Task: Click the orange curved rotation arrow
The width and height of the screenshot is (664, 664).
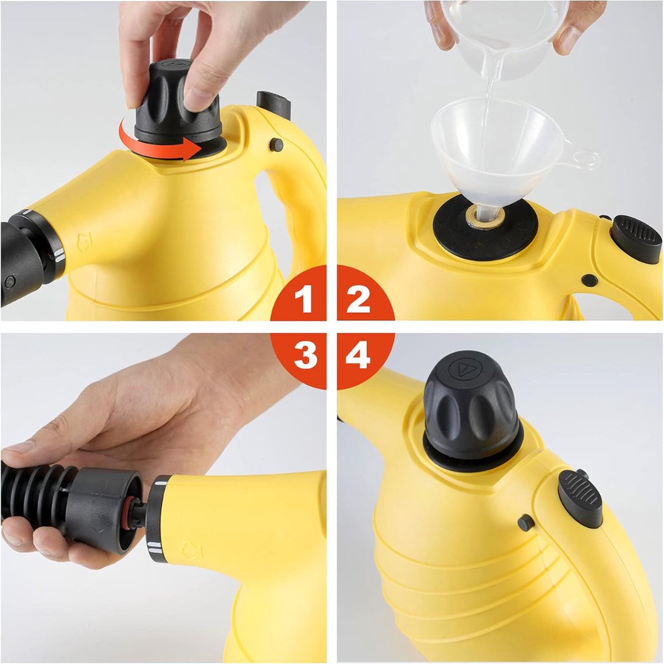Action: pos(152,148)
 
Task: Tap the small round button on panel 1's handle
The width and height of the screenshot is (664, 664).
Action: pos(276,145)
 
